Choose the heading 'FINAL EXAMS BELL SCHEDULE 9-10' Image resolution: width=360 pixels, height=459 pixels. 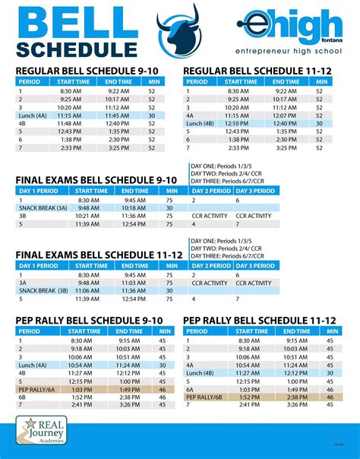click(x=96, y=180)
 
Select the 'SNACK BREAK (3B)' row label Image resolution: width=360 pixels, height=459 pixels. click(x=43, y=290)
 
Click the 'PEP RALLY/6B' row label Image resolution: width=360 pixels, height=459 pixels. click(x=204, y=397)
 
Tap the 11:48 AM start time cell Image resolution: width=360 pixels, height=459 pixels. click(x=79, y=123)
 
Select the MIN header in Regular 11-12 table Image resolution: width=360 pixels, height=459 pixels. click(x=319, y=81)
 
